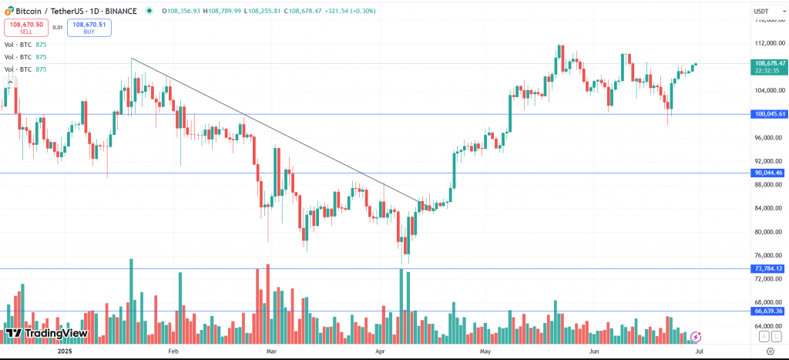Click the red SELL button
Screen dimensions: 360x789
tap(25, 28)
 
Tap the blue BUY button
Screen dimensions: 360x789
tap(89, 28)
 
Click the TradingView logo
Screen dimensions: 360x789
tap(46, 334)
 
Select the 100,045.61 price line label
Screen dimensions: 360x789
tap(770, 114)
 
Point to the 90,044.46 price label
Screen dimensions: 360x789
tap(769, 173)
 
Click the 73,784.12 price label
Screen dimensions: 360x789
tap(769, 268)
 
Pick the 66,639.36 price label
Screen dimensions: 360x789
tap(769, 311)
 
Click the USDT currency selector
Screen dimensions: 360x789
tap(761, 12)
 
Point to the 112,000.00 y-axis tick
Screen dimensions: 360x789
tap(770, 43)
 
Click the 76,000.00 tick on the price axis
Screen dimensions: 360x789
tap(770, 255)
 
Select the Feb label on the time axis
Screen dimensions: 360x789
tap(173, 351)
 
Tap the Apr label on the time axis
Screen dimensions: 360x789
tap(381, 351)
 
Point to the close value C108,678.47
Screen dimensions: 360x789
tap(309, 11)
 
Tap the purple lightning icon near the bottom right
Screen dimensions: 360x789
tap(697, 336)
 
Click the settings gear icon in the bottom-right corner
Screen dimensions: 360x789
tap(770, 351)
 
